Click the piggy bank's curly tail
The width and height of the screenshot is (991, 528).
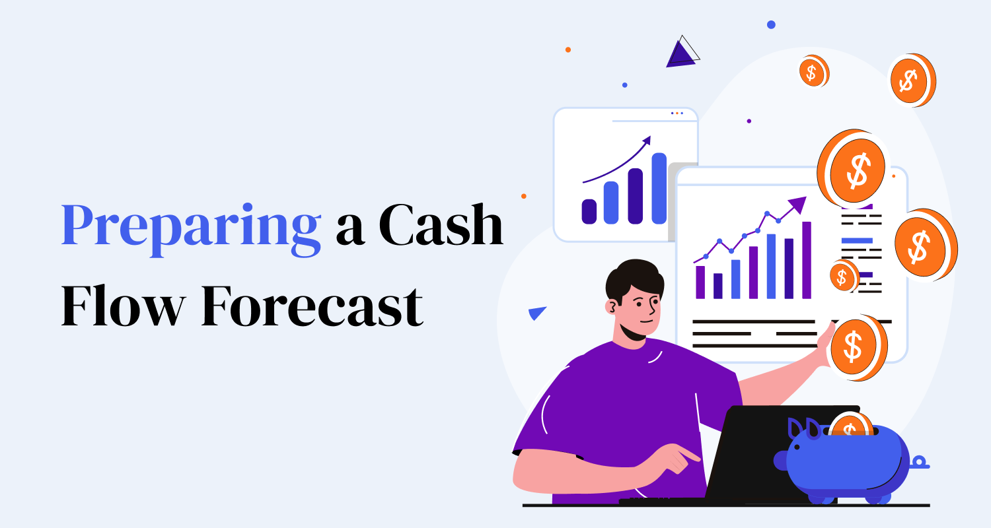(x=920, y=463)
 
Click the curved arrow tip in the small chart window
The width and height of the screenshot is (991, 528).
(x=647, y=140)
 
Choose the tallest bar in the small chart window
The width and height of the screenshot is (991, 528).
(x=659, y=188)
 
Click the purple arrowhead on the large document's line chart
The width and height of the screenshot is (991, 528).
(x=798, y=204)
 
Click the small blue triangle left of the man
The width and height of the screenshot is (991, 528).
(x=538, y=313)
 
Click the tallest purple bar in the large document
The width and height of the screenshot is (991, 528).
(x=806, y=260)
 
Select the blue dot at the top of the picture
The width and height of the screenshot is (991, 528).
(x=771, y=24)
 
